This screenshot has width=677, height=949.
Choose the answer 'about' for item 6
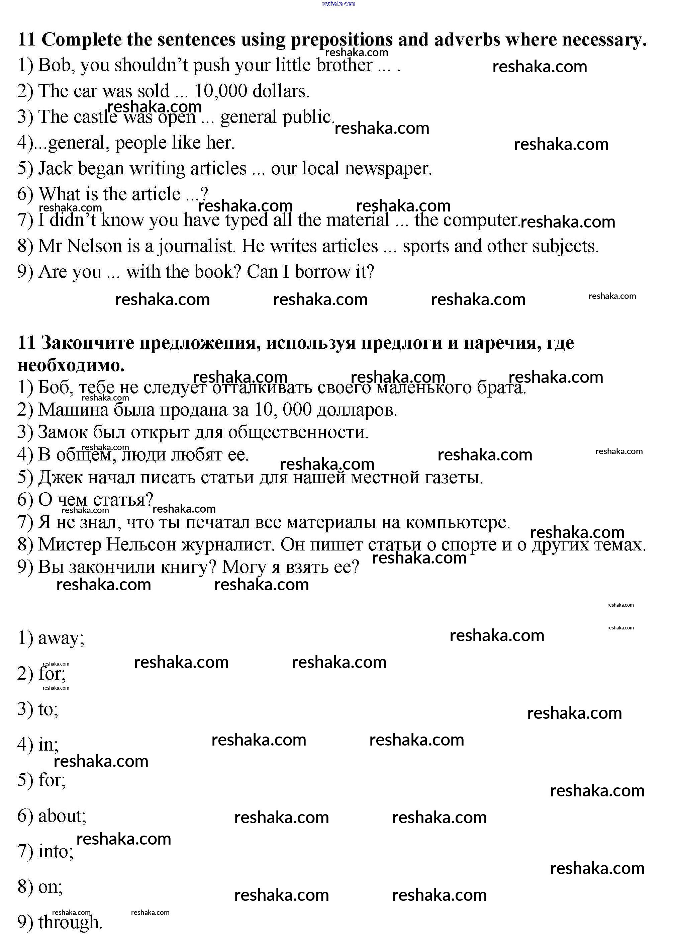click(x=61, y=816)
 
